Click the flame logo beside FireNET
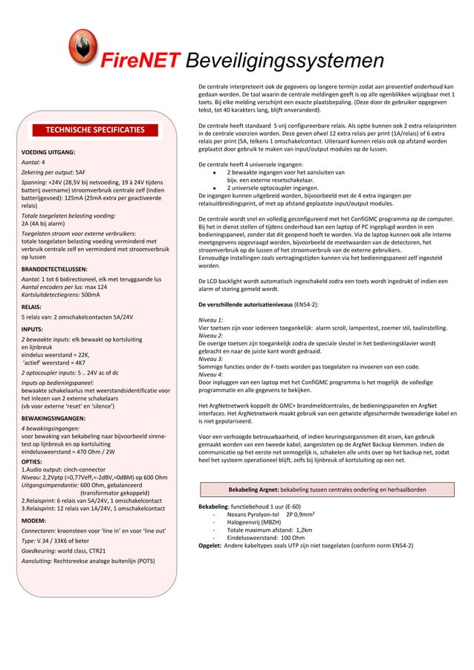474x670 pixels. [x=82, y=46]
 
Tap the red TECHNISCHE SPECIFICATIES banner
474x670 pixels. [x=95, y=129]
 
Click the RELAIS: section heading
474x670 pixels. [x=31, y=306]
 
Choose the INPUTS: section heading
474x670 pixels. [x=32, y=328]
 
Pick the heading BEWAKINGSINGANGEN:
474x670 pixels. [x=53, y=419]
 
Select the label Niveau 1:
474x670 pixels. [x=212, y=318]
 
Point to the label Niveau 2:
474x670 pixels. [x=212, y=335]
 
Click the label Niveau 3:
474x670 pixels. [x=212, y=361]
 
